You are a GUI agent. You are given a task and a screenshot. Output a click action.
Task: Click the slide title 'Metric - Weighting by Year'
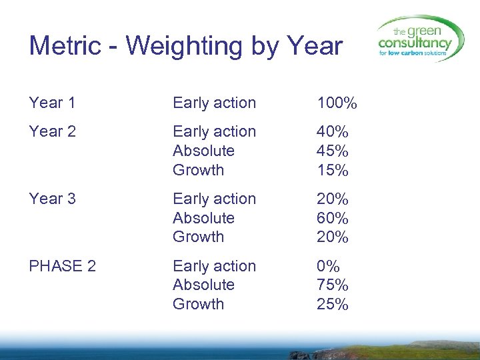185,47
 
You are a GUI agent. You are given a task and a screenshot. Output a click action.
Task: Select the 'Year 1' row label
52,103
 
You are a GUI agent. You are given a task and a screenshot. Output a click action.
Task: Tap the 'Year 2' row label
52,131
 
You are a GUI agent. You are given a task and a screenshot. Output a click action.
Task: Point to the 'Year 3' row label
52,199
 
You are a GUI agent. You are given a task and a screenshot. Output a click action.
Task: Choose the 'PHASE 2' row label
62,266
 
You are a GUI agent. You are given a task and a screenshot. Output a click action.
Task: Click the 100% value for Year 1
337,103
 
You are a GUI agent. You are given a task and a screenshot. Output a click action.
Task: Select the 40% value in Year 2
333,132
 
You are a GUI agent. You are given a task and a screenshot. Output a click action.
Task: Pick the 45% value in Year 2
333,151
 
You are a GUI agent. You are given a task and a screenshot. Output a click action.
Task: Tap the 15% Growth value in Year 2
333,171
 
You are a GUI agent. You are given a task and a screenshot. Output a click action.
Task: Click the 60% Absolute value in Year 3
333,218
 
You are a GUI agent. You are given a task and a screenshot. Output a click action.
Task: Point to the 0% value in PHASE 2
328,266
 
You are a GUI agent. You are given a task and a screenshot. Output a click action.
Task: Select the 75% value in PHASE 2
333,285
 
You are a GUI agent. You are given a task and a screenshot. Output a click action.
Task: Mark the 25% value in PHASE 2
333,305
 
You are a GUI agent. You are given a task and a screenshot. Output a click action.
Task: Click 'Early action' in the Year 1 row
214,103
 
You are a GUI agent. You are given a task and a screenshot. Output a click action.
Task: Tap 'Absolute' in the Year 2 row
203,151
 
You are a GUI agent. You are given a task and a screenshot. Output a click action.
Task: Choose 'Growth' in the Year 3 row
198,237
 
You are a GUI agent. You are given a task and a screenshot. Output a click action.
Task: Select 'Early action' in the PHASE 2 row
214,266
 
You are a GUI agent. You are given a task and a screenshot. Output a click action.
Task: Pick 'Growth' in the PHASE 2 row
198,304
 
